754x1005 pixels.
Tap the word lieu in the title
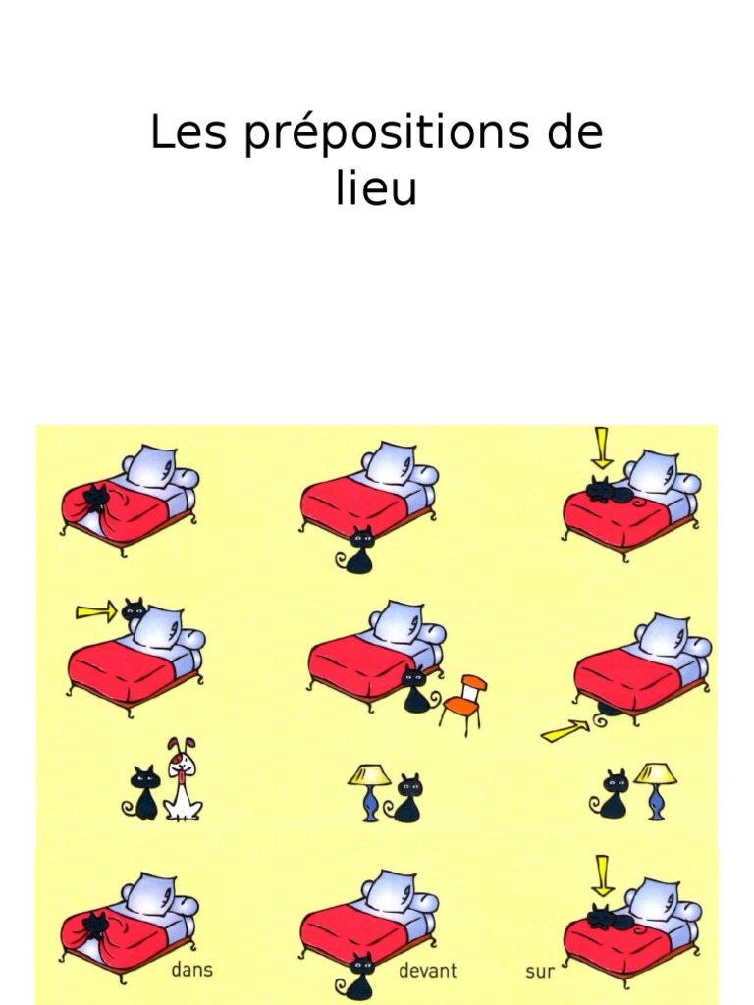pyautogui.click(x=376, y=188)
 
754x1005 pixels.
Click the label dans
pyautogui.click(x=191, y=971)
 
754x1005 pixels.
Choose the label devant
pyautogui.click(x=427, y=971)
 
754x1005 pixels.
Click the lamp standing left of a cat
pyautogui.click(x=369, y=790)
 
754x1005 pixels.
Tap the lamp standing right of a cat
pyautogui.click(x=655, y=789)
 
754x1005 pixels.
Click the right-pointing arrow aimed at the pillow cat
pyautogui.click(x=95, y=612)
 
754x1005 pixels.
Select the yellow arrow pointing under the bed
pyautogui.click(x=565, y=730)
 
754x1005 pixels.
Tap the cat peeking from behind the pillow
pyautogui.click(x=134, y=609)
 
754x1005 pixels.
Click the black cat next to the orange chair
pyautogui.click(x=416, y=689)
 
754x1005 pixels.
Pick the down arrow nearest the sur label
pyautogui.click(x=603, y=873)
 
